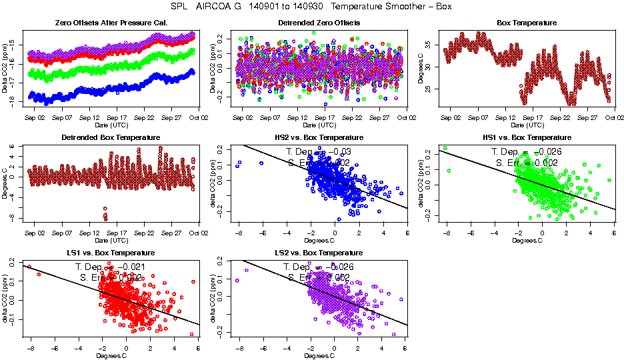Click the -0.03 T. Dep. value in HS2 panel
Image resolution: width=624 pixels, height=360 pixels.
coord(343,152)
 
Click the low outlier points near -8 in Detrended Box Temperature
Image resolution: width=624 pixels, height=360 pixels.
coord(105,214)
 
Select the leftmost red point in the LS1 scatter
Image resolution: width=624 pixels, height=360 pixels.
coord(29,267)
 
